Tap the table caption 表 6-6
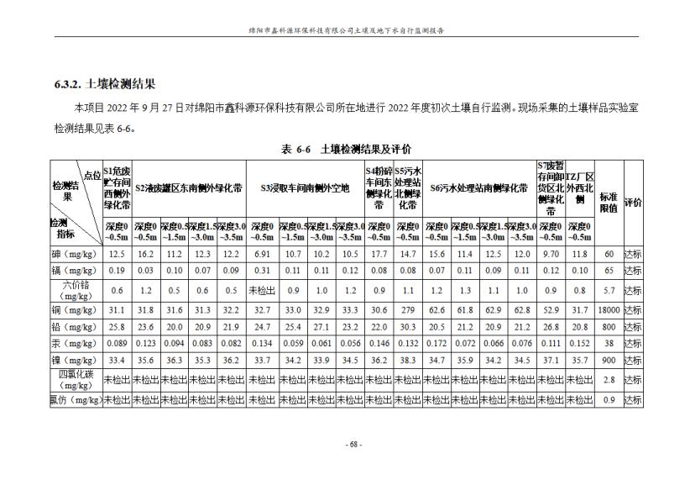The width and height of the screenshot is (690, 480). (296, 149)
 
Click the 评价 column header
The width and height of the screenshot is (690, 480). (632, 202)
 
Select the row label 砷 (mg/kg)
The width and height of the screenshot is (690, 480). (76, 253)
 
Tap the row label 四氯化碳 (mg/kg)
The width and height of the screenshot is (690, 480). (76, 380)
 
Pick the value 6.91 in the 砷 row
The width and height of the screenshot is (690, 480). (261, 253)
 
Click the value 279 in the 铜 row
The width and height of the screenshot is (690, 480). (408, 311)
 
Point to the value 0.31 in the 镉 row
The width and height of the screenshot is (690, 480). (261, 271)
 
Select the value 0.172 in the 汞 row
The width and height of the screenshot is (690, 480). (436, 343)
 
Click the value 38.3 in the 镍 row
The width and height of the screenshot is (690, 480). (408, 360)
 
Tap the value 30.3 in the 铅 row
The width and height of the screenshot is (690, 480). (408, 327)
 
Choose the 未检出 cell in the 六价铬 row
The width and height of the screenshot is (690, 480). (261, 291)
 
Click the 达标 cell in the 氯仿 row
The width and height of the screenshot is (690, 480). (632, 400)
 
